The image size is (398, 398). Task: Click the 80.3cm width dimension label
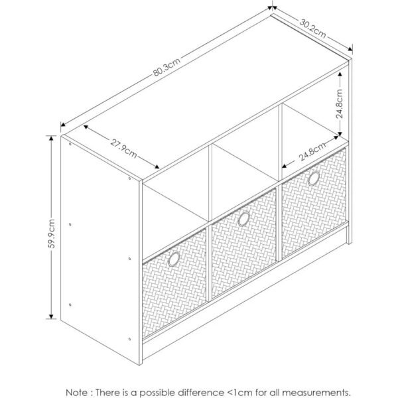(166, 67)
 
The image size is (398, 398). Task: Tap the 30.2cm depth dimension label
(312, 28)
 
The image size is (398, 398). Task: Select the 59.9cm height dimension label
(52, 233)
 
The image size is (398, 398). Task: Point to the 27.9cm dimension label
(123, 148)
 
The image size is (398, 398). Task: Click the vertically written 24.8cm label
(339, 103)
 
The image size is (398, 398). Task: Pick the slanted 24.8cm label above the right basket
(312, 151)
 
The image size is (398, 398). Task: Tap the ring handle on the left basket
(174, 259)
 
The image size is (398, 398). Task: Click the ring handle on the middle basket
(244, 219)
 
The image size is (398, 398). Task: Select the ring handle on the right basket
(314, 178)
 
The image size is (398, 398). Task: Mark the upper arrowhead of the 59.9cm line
(51, 138)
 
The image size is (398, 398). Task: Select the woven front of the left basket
(174, 284)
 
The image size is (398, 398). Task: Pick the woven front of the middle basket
(244, 243)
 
